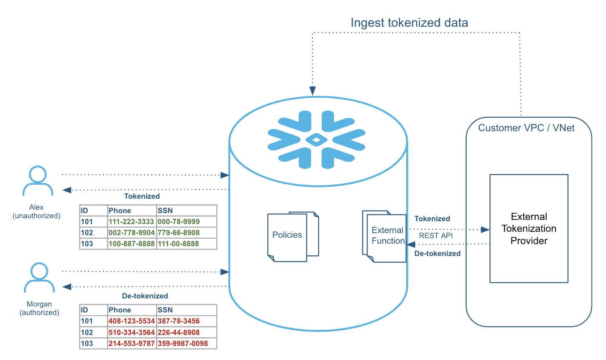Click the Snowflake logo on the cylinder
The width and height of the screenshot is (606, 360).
coord(316,139)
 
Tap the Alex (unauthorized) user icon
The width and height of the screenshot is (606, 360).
coord(38,181)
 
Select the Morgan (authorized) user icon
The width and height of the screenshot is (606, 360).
coord(39,278)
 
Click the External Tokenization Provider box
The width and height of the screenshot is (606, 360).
coord(529,228)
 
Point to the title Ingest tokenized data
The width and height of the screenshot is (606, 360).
coord(409,23)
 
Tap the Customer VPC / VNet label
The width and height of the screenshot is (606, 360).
coord(526,128)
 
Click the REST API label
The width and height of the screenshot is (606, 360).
coord(436,236)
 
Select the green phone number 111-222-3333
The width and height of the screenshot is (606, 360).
coord(131,222)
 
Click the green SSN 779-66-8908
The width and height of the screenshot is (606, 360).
coord(179,233)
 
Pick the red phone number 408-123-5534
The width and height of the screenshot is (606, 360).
coord(131,321)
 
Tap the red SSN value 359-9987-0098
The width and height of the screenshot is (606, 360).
coord(183,343)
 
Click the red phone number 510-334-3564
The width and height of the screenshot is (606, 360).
coord(131,332)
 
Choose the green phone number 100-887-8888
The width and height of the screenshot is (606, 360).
coord(131,244)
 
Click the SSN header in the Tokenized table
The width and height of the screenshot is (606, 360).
coord(165,211)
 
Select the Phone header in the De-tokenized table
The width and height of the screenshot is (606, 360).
coord(120,310)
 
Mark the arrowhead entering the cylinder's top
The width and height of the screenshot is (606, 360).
coord(313,91)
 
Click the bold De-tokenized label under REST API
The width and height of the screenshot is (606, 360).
coord(437,253)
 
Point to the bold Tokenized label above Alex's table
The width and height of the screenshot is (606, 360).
coord(142,196)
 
